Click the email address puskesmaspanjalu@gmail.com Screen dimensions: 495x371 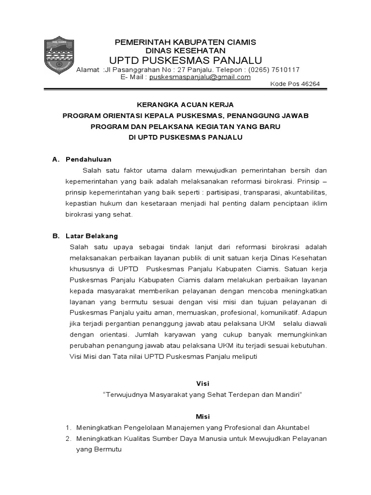(200, 77)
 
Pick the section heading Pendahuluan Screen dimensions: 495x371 (88, 159)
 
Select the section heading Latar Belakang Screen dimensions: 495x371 (92, 236)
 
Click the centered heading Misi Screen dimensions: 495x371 (203, 417)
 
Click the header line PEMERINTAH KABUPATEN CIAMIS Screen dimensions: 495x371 (185, 42)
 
